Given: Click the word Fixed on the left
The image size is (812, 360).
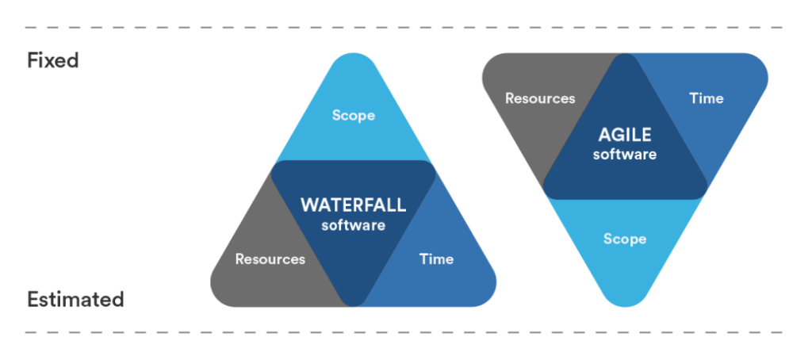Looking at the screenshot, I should [x=53, y=60].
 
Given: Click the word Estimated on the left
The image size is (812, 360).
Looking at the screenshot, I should [x=75, y=299].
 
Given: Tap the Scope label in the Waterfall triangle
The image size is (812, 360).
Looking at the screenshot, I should [x=354, y=116].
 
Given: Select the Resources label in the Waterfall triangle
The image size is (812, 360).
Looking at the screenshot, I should [x=270, y=259].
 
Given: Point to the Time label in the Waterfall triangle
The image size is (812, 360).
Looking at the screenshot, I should [x=436, y=259].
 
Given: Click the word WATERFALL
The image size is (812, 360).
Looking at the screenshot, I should [x=353, y=205].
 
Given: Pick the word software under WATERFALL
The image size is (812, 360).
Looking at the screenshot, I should [x=353, y=225].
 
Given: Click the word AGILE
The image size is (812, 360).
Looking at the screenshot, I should [x=625, y=135].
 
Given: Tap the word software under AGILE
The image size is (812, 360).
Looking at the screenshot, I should [x=625, y=155].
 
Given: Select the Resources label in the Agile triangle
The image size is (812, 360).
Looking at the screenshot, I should [x=540, y=98].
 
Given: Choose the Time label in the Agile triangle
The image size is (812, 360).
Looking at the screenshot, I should [x=707, y=98].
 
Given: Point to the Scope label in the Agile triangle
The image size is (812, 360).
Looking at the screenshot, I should [x=625, y=239].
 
